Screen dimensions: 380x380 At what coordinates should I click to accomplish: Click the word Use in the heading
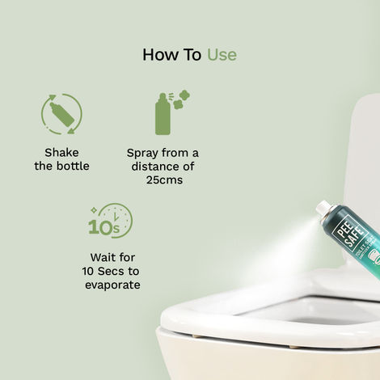222,54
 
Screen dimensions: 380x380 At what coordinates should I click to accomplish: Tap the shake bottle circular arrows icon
61,113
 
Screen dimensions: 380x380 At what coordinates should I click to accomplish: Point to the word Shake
62,152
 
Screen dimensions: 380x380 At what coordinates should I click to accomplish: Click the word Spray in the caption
143,152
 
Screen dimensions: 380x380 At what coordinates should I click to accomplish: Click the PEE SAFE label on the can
348,230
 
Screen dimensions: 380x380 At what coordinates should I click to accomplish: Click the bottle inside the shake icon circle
60,114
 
